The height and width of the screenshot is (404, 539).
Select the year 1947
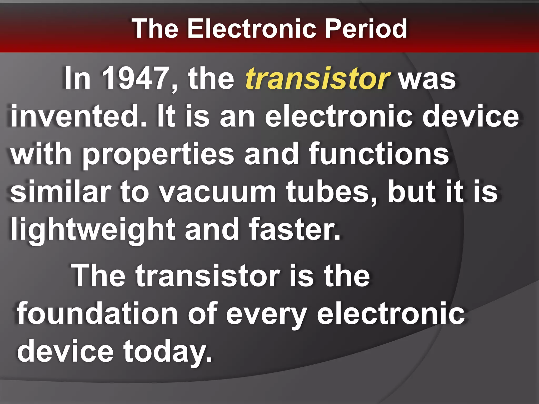[x=135, y=78]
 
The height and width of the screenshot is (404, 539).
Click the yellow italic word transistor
[x=317, y=78]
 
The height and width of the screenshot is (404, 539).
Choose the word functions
[x=379, y=154]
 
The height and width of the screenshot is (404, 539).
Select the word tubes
[x=332, y=192]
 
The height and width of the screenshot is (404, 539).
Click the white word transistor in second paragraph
[x=208, y=275]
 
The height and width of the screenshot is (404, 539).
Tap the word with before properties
[x=41, y=154]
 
